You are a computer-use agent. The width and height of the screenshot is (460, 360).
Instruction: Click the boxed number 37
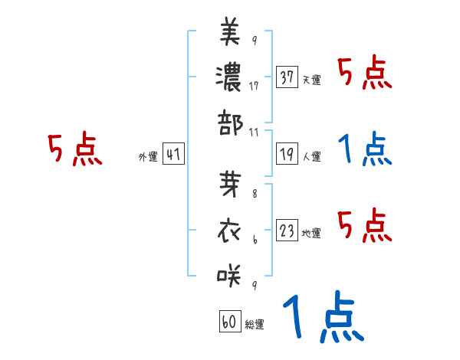[x=287, y=78]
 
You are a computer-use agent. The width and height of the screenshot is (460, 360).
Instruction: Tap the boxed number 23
[x=287, y=230]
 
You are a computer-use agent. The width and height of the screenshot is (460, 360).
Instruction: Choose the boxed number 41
[x=173, y=155]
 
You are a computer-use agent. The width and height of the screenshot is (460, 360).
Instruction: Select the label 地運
[x=312, y=232]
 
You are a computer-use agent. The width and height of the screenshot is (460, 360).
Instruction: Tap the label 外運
[x=148, y=157]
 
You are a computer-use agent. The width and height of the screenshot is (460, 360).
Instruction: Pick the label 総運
[x=255, y=325]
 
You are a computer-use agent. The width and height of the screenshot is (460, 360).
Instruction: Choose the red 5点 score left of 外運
[x=74, y=149]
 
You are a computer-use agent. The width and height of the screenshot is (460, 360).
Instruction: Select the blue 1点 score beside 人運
[x=364, y=149]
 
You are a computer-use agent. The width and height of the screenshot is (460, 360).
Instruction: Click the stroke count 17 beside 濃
[x=253, y=86]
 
